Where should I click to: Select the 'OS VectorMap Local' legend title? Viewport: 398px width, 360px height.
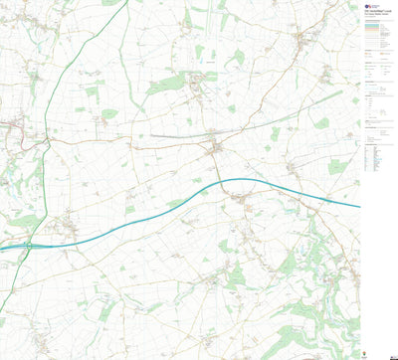[x=374, y=12]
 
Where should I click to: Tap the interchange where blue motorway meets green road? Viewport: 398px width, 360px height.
[x=31, y=244]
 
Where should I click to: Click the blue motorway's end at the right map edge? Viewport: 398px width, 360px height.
[x=359, y=207]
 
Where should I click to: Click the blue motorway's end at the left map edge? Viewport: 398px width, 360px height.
[x=2, y=249]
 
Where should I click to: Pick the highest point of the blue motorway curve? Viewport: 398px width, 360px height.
[x=239, y=179]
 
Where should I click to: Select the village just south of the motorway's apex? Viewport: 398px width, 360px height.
[x=242, y=202]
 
